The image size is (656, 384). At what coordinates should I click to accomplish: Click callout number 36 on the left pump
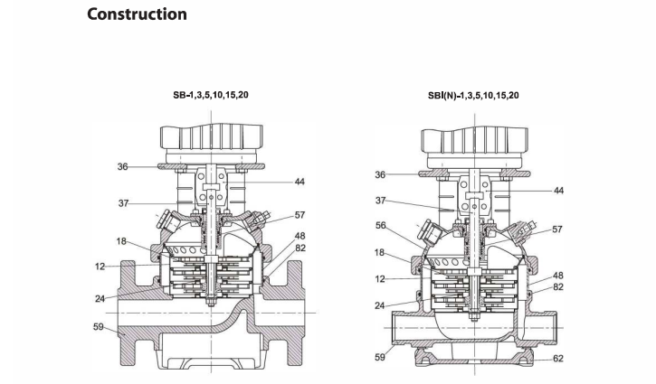tap(122, 166)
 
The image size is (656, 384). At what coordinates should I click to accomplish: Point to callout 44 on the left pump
tap(299, 182)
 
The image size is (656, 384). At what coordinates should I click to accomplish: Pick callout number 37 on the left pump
tap(123, 203)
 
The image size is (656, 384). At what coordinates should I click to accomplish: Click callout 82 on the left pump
tap(299, 247)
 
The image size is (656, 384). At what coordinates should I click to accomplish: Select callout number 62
tap(559, 358)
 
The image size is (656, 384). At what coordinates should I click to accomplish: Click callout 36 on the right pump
tap(380, 174)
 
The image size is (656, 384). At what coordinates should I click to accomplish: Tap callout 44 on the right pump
tap(558, 191)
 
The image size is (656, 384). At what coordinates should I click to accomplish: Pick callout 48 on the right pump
tap(559, 275)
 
